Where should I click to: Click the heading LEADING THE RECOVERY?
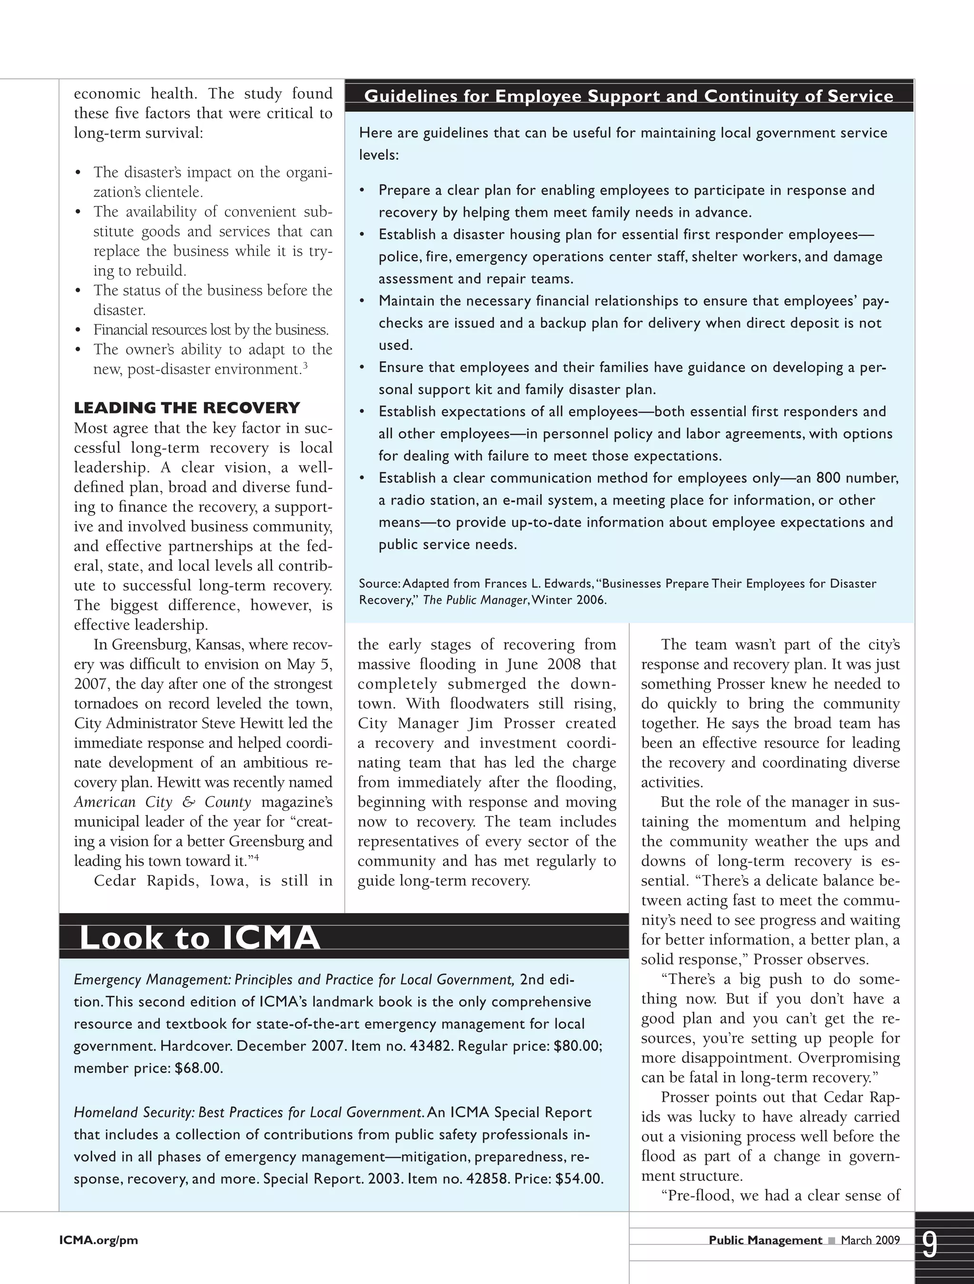(x=186, y=408)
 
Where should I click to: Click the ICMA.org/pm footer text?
(x=98, y=1240)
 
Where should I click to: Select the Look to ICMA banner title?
(x=199, y=938)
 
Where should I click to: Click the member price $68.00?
(x=198, y=1068)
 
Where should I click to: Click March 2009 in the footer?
(x=870, y=1240)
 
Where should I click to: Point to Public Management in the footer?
(x=765, y=1240)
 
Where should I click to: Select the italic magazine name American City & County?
(x=162, y=802)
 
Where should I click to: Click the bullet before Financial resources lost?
(x=78, y=331)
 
